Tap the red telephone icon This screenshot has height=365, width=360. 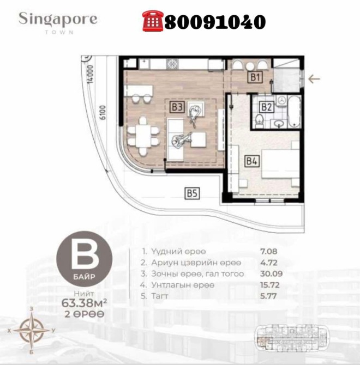pos(152,21)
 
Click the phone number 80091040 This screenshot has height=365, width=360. pos(214,21)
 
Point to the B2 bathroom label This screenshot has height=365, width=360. pos(266,107)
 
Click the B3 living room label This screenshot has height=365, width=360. pos(176,107)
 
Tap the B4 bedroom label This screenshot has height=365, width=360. pos(251,161)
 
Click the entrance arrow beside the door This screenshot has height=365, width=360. pos(314,79)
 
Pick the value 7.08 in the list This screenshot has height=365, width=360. pos(270,252)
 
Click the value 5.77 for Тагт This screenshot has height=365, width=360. pos(270,296)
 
